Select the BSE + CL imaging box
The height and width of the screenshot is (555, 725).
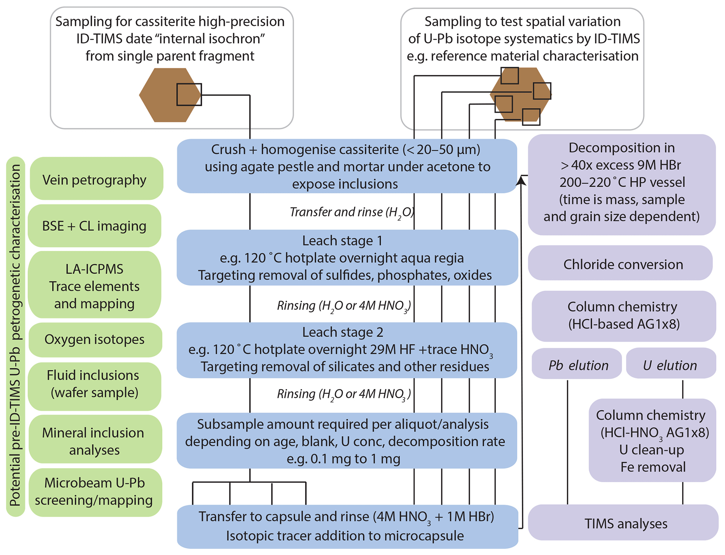click(94, 226)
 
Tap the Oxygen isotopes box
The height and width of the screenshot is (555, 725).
click(95, 340)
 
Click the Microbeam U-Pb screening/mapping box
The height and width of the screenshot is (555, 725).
click(95, 492)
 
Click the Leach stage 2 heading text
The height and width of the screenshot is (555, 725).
click(343, 332)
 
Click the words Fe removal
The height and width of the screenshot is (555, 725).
click(653, 467)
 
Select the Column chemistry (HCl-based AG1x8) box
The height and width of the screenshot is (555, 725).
click(623, 316)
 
